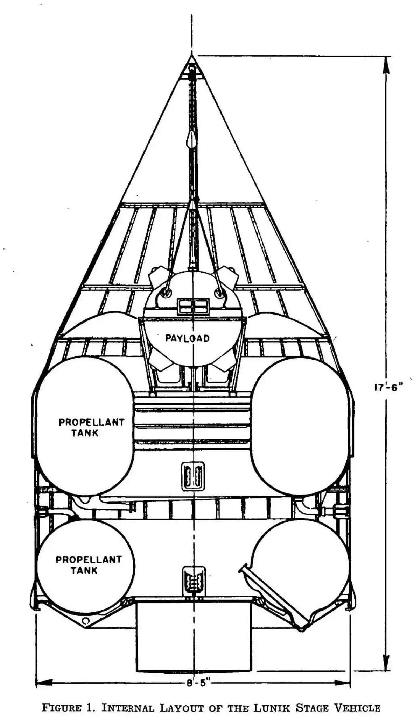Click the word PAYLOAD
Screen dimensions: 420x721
pyautogui.click(x=187, y=338)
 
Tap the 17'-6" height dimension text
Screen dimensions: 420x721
pyautogui.click(x=386, y=388)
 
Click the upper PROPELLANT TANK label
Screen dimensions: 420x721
pyautogui.click(x=91, y=427)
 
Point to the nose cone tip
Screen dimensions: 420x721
pyautogui.click(x=192, y=55)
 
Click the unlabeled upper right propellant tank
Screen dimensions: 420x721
pyautogui.click(x=300, y=426)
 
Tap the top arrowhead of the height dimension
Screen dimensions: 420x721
pyautogui.click(x=386, y=65)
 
